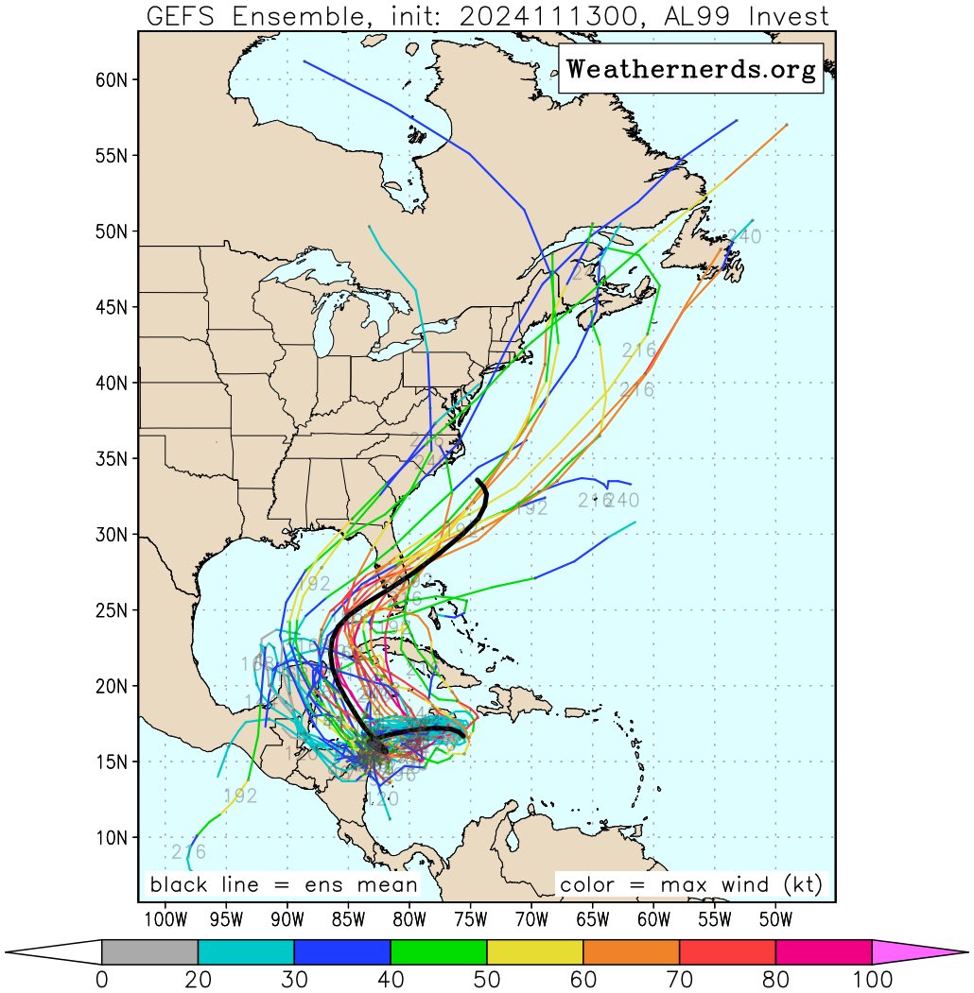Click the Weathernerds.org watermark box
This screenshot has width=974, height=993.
[691, 69]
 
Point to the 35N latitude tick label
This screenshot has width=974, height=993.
[112, 459]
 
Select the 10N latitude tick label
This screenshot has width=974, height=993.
[112, 838]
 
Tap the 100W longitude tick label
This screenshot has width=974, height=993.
[164, 919]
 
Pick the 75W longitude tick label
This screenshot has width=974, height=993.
[470, 919]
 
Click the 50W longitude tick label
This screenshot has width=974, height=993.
[775, 919]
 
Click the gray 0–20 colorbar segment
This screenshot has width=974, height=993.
[149, 952]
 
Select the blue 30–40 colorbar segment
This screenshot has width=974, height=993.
[342, 952]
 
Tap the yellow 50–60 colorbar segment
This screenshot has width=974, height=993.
[535, 952]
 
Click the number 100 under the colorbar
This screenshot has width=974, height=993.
[872, 980]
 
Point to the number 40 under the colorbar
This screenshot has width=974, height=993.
[391, 980]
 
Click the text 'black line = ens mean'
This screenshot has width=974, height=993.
[284, 885]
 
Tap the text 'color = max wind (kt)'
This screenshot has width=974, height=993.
[690, 885]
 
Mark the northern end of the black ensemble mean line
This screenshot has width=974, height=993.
[479, 481]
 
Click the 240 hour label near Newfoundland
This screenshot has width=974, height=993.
[744, 237]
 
